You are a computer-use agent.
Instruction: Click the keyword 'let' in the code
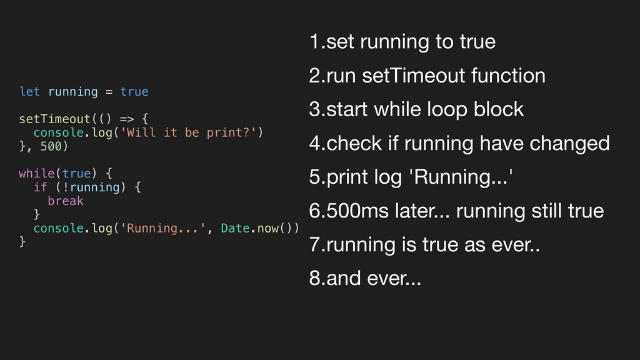click(x=29, y=92)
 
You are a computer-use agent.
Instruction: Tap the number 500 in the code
click(x=51, y=146)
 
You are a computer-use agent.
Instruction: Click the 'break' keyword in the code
click(x=65, y=201)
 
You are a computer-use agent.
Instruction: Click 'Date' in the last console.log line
click(x=236, y=228)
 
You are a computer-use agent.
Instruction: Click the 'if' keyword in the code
click(x=40, y=187)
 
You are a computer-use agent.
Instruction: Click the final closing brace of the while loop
click(x=22, y=241)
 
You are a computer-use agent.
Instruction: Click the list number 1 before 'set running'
click(x=314, y=42)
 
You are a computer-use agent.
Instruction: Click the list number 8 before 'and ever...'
click(x=314, y=279)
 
